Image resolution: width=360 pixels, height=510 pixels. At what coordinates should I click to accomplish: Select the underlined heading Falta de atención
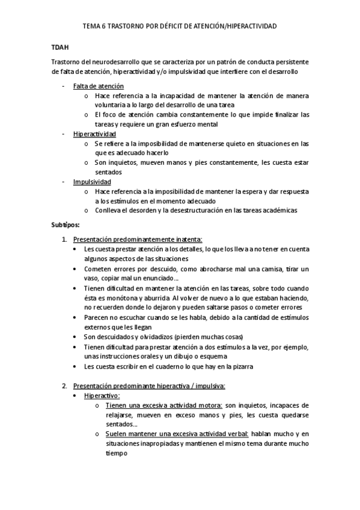click(99, 86)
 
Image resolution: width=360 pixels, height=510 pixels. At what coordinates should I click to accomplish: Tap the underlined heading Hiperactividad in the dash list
click(94, 134)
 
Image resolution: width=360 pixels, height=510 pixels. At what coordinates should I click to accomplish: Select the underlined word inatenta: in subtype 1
click(190, 239)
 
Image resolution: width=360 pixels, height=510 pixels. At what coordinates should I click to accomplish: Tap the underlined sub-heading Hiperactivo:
click(102, 396)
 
